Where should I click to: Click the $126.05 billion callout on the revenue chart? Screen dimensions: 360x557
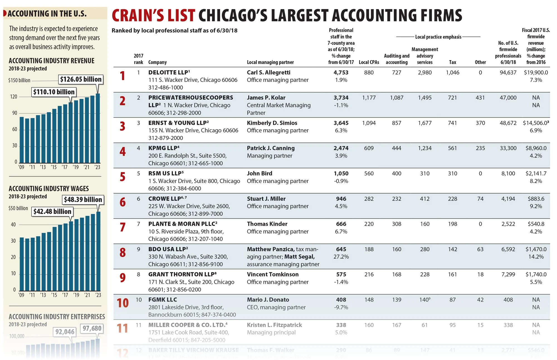point(81,79)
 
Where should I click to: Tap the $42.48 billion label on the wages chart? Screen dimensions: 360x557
point(52,212)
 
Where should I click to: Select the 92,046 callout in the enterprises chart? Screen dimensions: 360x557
point(65,332)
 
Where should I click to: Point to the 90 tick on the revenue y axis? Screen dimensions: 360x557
point(14,113)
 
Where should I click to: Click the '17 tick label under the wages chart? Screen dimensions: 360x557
point(65,295)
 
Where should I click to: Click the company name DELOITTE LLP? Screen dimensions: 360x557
point(168,72)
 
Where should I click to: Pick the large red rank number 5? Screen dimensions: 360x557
point(123,177)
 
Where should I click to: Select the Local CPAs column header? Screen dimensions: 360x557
point(369,62)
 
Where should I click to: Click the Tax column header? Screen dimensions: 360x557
point(452,62)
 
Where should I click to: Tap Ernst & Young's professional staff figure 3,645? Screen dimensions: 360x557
point(341,123)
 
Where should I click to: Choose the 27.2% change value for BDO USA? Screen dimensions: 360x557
point(341,257)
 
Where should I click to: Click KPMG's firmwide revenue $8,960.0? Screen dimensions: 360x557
point(536,148)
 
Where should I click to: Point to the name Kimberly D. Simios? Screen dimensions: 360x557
point(272,123)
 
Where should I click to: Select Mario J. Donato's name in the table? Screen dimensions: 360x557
point(268,300)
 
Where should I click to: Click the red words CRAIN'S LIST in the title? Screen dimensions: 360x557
point(153,16)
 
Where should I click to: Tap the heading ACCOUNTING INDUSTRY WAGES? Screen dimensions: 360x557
point(49,189)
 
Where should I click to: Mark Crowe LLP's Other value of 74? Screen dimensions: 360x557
point(480,199)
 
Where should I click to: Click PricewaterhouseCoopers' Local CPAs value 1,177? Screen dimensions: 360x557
point(369,98)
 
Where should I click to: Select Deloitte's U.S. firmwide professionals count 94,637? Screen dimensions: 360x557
point(508,73)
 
